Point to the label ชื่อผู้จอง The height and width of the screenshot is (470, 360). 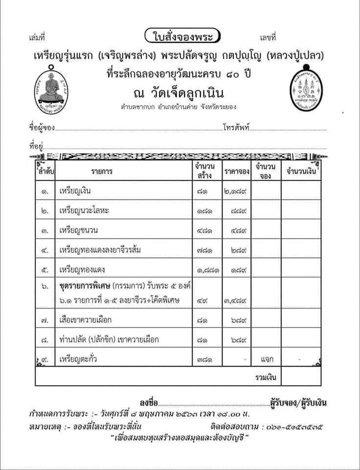point(42,128)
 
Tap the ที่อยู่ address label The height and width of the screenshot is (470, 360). point(37,145)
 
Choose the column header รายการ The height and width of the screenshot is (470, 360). point(101,172)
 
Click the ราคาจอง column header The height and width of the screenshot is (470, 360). point(237,172)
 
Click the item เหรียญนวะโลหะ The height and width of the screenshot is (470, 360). point(83,211)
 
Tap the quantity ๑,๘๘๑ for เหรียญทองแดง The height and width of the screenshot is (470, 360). point(207,270)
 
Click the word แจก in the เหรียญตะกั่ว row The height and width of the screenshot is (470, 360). point(266,359)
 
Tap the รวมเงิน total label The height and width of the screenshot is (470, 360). point(266,377)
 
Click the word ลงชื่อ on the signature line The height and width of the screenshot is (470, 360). point(149,403)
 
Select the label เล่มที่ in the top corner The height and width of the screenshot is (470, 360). point(37,37)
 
